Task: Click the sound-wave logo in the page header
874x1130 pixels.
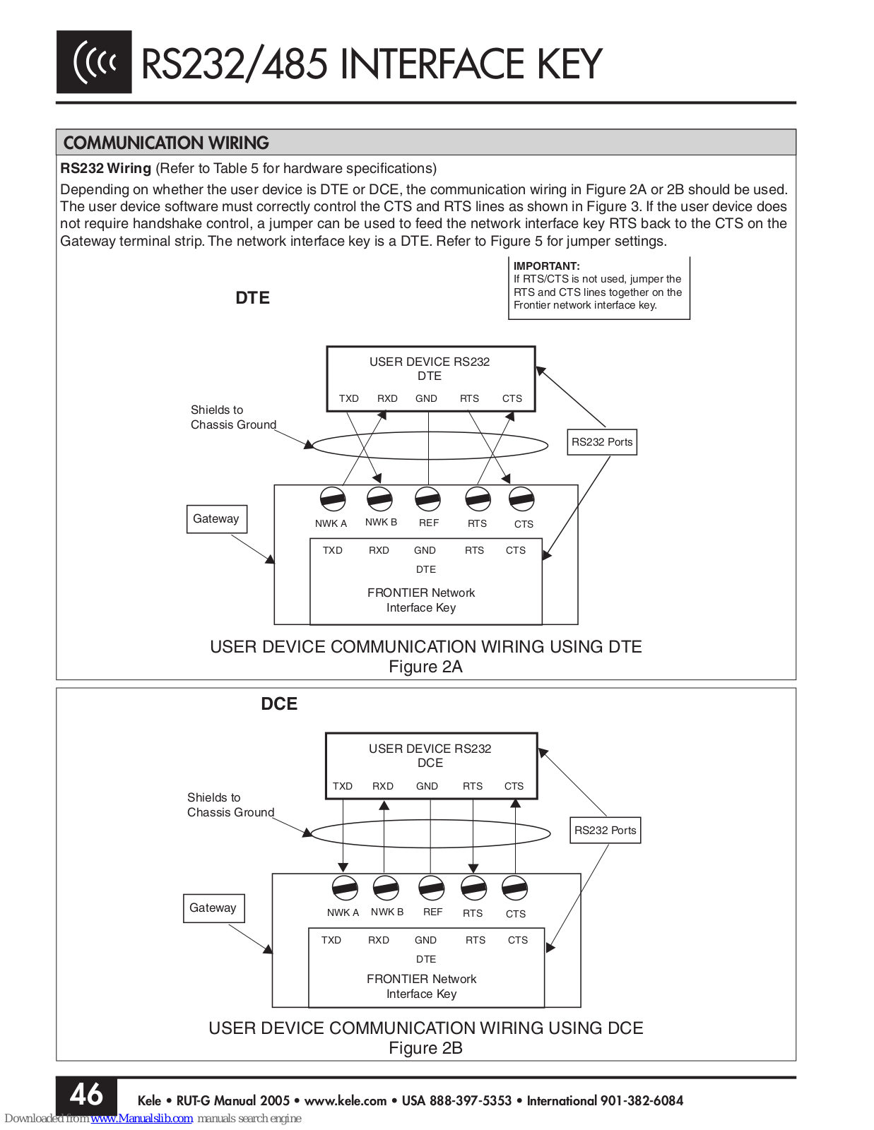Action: click(x=94, y=62)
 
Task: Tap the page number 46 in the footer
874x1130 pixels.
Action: click(x=86, y=1095)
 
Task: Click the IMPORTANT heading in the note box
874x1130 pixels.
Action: click(x=546, y=266)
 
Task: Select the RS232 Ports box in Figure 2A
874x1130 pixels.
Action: click(x=602, y=442)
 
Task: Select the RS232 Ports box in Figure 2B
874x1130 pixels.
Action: click(x=605, y=830)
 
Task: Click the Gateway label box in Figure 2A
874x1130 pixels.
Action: click(x=216, y=519)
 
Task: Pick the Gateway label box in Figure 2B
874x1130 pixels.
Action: click(x=214, y=908)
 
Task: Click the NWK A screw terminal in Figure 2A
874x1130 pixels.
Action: click(x=333, y=500)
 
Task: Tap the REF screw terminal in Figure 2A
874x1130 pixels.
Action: click(x=427, y=500)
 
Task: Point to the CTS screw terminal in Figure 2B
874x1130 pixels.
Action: click(x=514, y=888)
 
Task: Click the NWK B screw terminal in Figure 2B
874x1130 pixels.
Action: click(x=386, y=888)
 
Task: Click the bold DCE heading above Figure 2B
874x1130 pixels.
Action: click(x=279, y=703)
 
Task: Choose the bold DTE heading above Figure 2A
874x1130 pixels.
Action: click(x=252, y=297)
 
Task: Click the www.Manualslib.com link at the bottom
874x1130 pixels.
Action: click(x=142, y=1118)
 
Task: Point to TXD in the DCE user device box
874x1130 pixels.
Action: click(x=342, y=786)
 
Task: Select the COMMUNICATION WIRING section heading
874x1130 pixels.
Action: click(x=166, y=143)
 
